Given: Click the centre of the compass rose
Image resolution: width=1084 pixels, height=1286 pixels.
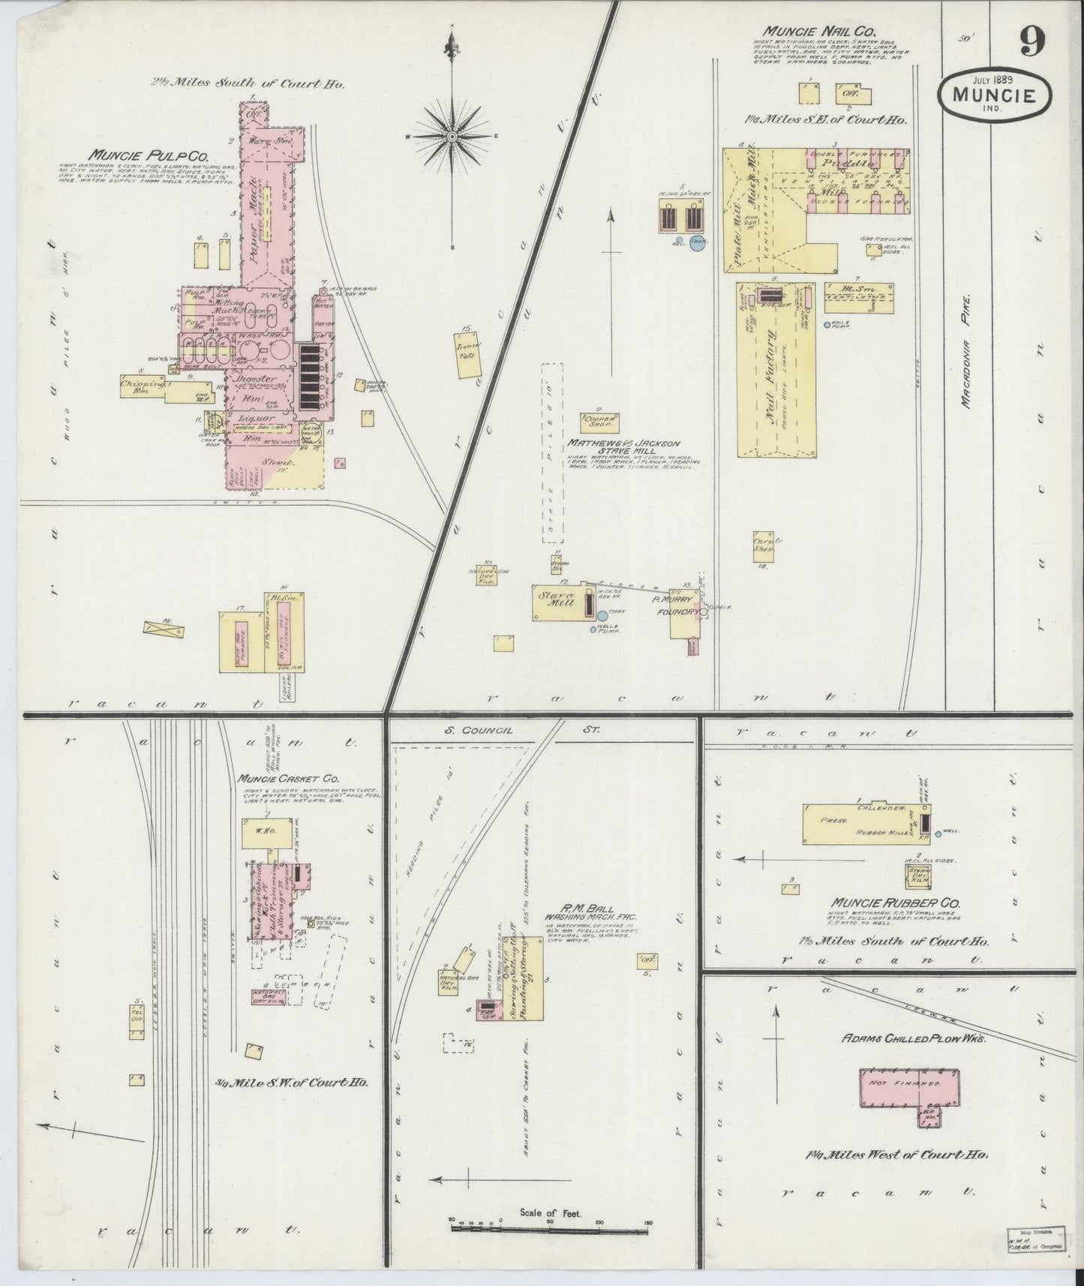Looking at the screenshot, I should [453, 137].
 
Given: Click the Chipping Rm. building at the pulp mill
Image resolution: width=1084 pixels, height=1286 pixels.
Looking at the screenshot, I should [143, 385].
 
